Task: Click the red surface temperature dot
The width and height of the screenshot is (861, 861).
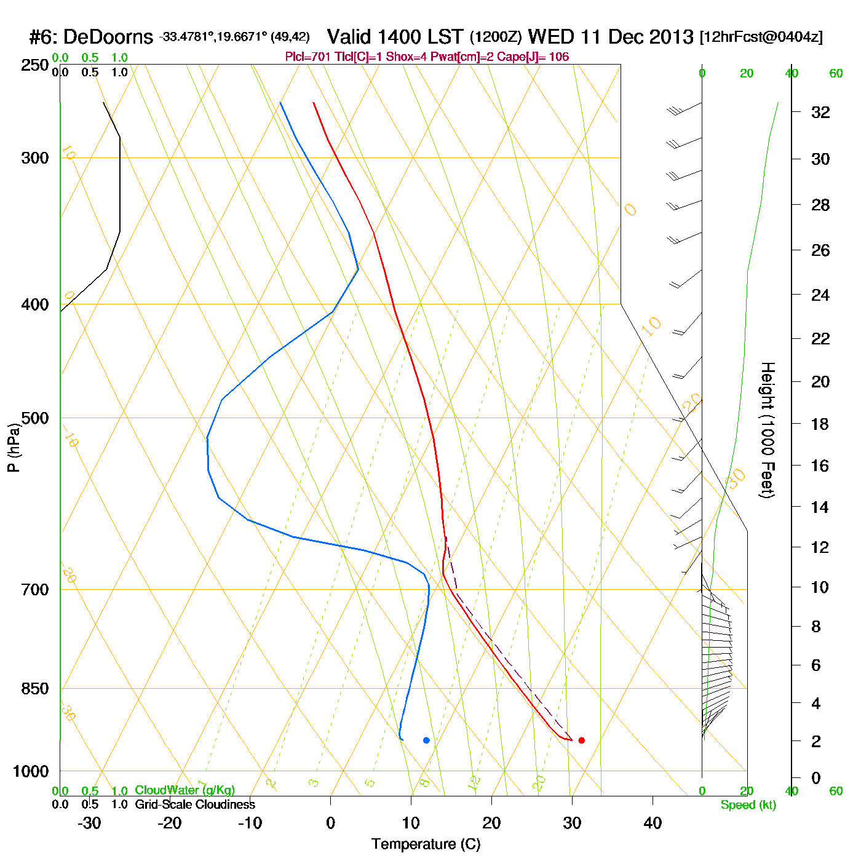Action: coord(582,740)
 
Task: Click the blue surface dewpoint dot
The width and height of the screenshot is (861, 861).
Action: coord(426,740)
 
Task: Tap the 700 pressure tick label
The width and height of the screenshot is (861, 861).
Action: coord(35,590)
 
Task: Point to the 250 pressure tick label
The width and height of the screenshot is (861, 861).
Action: coord(35,65)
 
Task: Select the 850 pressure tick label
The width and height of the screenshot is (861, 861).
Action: coord(35,689)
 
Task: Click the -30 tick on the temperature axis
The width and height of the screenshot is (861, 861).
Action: coord(89,823)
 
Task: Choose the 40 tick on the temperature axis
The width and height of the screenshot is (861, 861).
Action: coord(653,823)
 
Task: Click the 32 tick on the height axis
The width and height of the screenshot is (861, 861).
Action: coord(820,112)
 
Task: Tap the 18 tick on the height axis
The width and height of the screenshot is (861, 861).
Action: coord(820,424)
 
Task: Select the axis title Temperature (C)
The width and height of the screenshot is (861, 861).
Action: coord(426,844)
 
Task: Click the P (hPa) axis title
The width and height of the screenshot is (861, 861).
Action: coord(14,447)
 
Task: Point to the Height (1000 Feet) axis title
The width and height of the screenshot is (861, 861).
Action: coord(768,430)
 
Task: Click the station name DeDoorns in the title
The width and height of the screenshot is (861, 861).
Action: coord(108,38)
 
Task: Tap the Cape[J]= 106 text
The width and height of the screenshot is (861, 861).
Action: coord(545,57)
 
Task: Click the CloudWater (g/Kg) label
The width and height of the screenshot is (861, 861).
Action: coord(184,790)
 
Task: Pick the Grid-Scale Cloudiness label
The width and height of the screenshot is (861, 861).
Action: coord(195,804)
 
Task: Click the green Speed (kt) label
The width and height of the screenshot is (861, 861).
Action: coord(748,805)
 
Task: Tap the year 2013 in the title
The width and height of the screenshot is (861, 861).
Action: coord(671,37)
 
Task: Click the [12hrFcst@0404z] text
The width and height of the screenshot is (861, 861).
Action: coord(761,37)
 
